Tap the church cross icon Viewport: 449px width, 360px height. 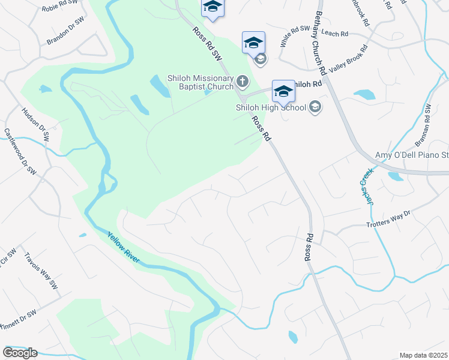[x=242, y=81]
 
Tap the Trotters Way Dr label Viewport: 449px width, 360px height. [x=388, y=218]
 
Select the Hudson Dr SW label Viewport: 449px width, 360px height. [x=34, y=124]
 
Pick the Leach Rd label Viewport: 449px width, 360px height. [x=335, y=34]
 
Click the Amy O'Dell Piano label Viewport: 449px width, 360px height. [x=412, y=155]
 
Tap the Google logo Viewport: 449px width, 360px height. [x=20, y=352]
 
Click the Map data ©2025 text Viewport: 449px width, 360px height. [x=423, y=355]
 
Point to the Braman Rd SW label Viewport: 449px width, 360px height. [x=424, y=125]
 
